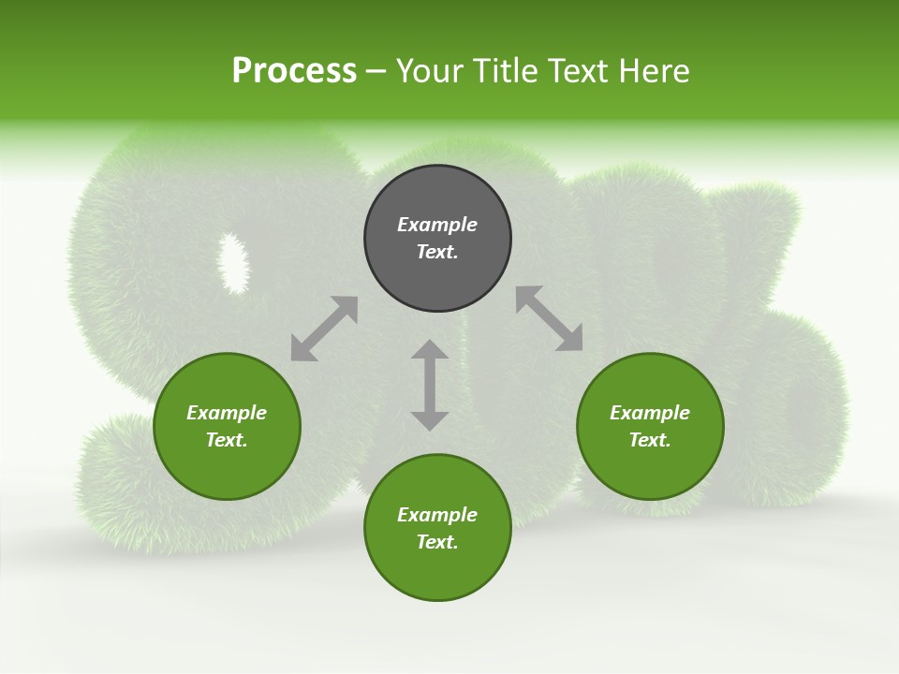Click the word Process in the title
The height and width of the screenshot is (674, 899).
294,71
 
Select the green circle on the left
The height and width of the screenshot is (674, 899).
227,468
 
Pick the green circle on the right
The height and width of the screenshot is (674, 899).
650,468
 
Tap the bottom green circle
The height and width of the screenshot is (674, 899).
437,571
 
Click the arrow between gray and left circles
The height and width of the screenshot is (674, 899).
324,329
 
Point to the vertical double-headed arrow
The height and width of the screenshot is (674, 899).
430,385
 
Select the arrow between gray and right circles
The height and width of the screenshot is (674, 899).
549,318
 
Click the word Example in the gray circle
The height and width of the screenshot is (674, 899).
437,225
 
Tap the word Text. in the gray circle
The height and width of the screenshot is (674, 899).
437,252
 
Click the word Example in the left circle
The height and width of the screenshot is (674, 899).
227,413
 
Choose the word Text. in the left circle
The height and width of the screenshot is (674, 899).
227,440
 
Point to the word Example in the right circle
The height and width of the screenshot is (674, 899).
650,413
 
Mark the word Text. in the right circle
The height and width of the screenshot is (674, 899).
650,440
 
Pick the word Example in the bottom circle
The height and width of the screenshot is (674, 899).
437,515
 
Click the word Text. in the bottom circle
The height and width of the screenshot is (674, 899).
437,542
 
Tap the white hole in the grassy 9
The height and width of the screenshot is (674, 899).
233,261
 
